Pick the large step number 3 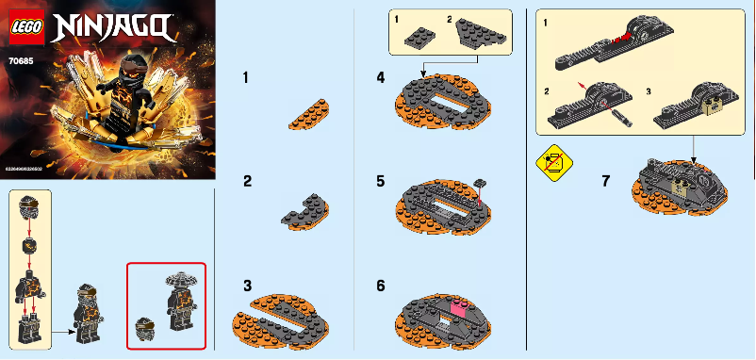click(x=246, y=284)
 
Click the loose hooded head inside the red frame click(x=144, y=331)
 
